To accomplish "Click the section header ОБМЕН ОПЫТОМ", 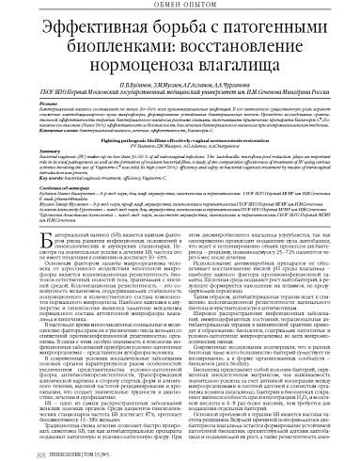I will [x=179, y=8].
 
